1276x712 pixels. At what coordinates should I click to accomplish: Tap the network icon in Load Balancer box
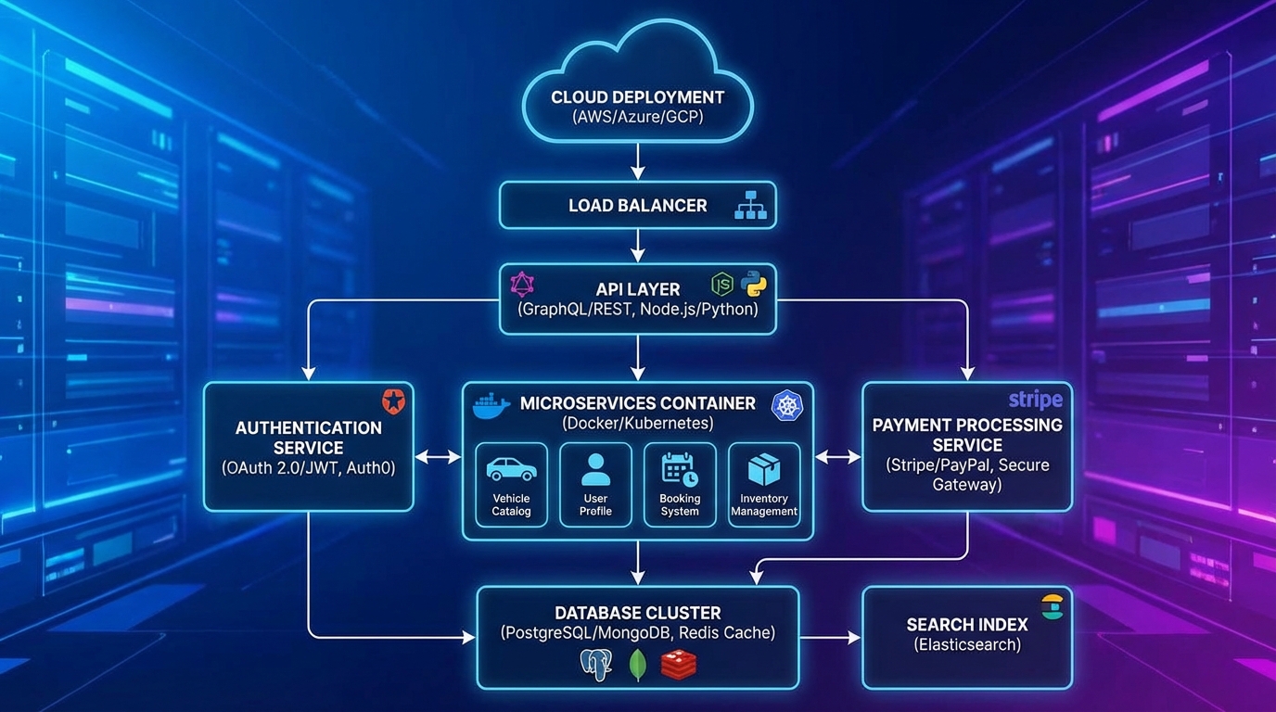[x=750, y=206]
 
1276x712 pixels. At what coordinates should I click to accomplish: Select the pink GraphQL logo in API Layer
[x=523, y=284]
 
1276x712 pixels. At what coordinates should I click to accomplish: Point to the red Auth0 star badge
[x=394, y=401]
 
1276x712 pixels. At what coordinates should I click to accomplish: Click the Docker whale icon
[x=491, y=405]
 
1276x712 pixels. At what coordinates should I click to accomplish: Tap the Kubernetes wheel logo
[x=787, y=404]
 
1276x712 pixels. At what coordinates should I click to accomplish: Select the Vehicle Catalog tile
[x=511, y=485]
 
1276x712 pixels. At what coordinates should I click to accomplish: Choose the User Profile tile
[x=595, y=485]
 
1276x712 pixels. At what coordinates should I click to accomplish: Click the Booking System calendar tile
[x=680, y=485]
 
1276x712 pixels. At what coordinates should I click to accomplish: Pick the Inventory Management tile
[x=764, y=485]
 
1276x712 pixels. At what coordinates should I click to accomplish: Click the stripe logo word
[x=1035, y=400]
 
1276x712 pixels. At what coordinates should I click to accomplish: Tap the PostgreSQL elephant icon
[x=595, y=665]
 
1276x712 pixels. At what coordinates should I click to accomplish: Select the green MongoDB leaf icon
[x=637, y=664]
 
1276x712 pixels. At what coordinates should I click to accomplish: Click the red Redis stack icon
[x=678, y=664]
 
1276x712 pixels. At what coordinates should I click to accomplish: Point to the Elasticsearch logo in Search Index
[x=1052, y=606]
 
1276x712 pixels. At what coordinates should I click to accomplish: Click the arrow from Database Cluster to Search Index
[x=830, y=637]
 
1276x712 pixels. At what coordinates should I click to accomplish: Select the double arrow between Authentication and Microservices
[x=438, y=457]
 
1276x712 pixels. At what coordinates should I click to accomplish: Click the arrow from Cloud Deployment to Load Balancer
[x=637, y=161]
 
